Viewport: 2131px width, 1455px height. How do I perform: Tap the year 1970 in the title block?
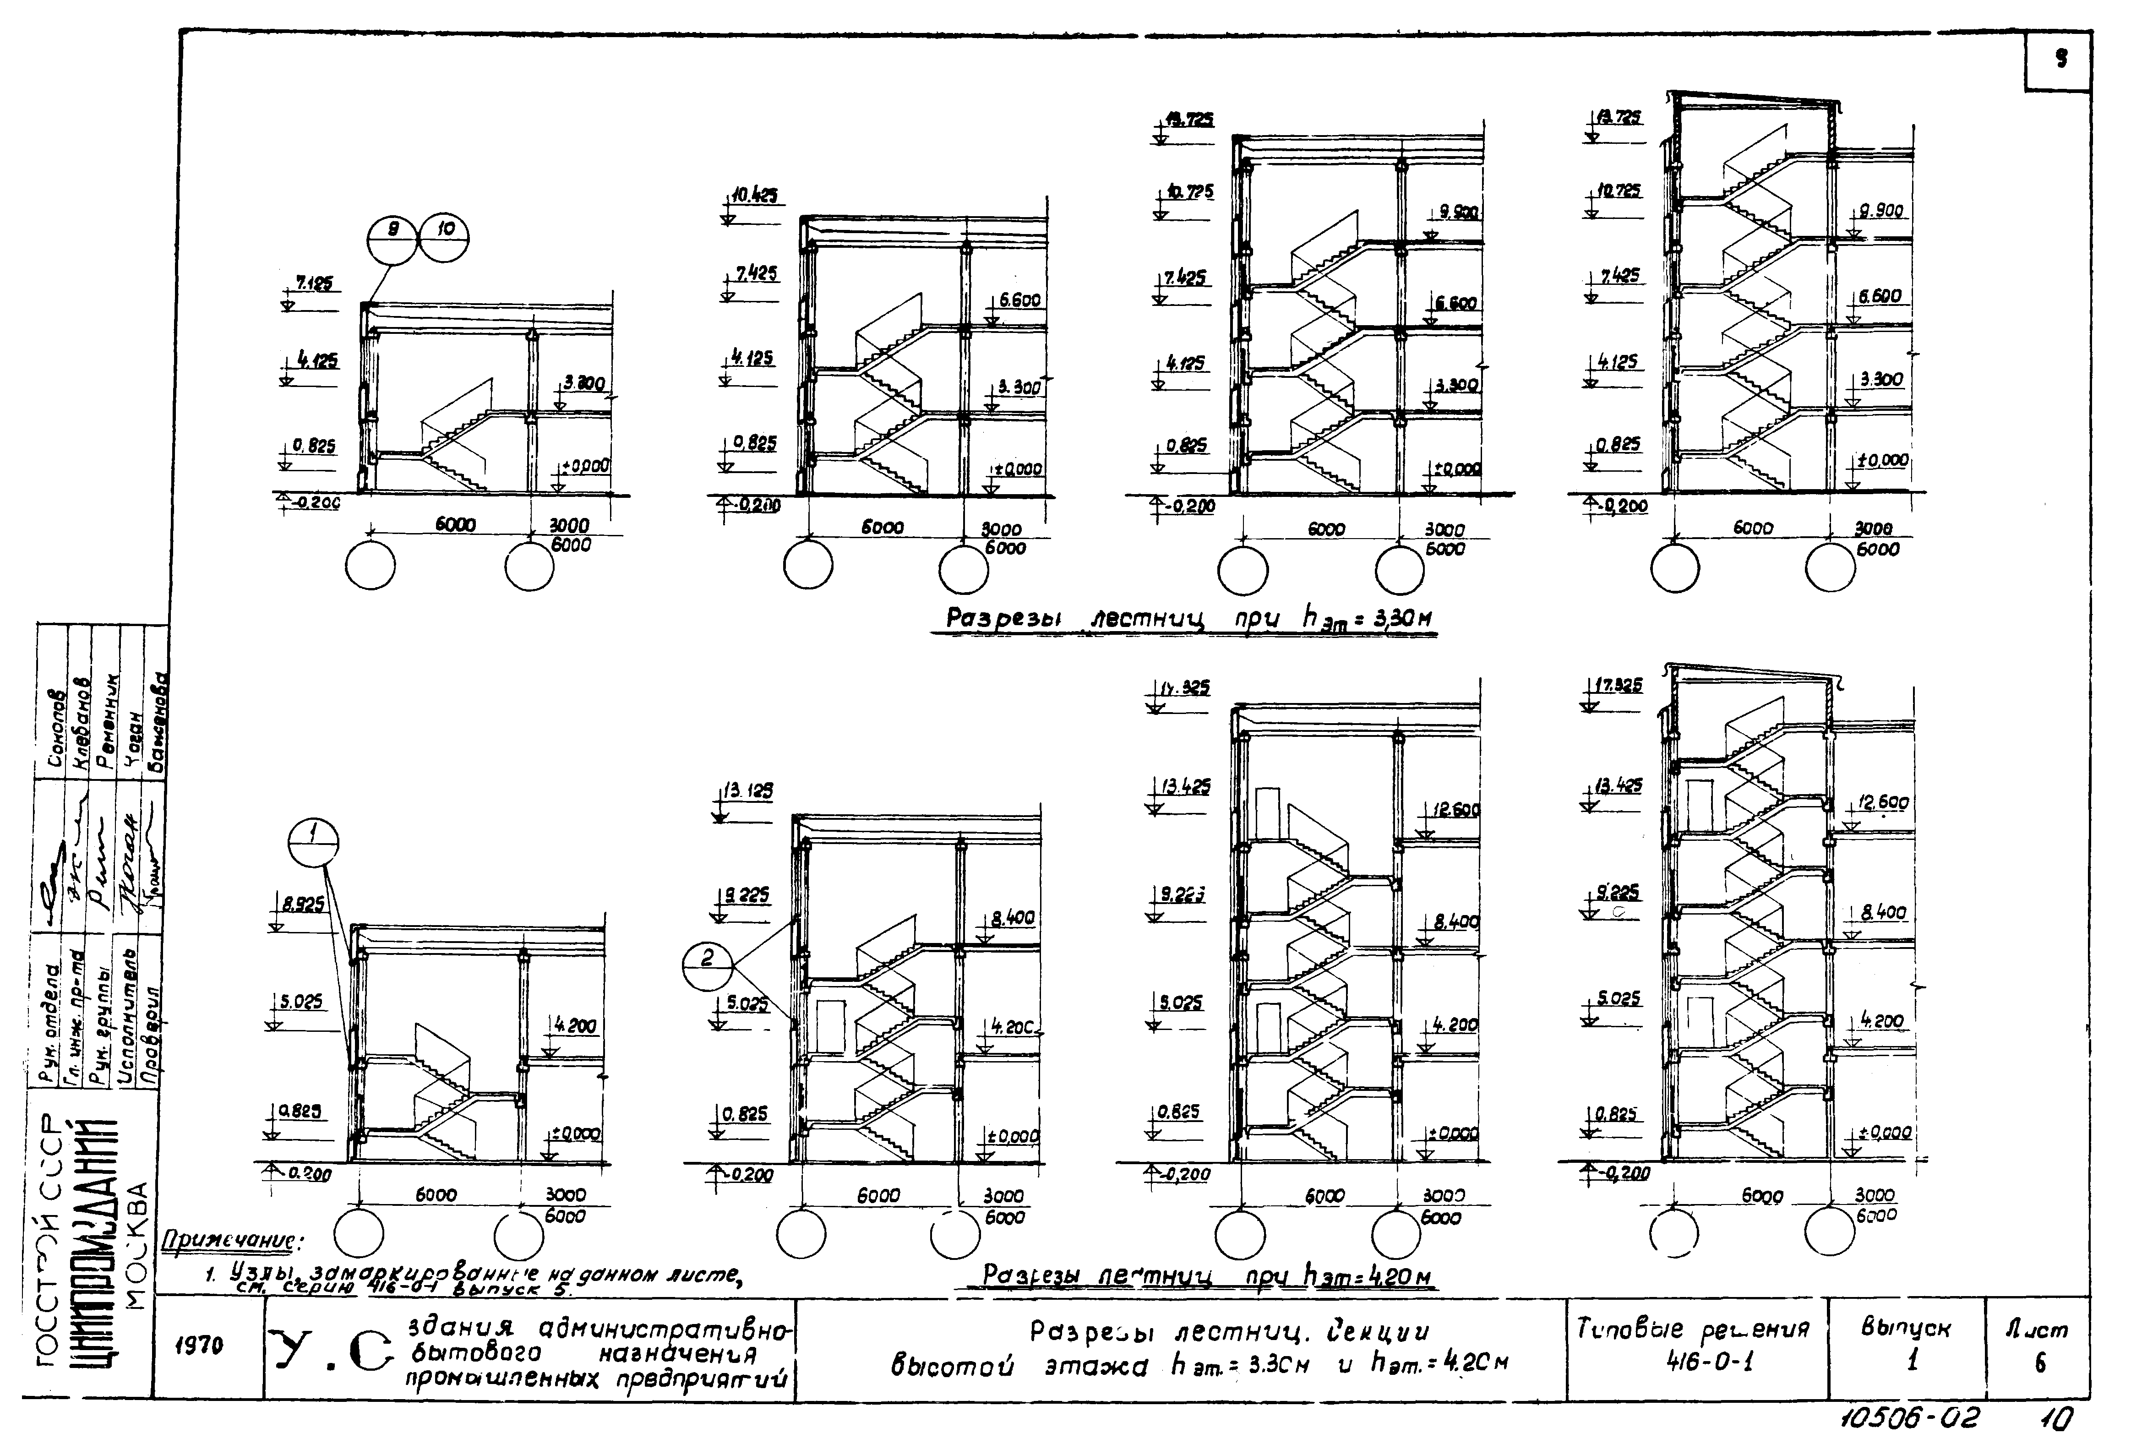199,1346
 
